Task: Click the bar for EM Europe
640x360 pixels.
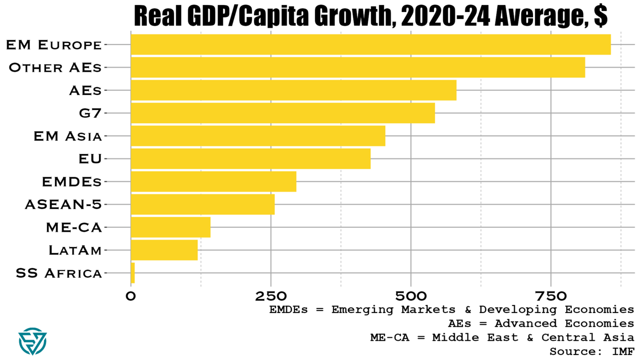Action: tap(371, 45)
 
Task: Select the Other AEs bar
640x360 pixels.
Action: tap(358, 67)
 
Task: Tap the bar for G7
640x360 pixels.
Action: tap(282, 113)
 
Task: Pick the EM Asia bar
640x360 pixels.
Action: tap(258, 136)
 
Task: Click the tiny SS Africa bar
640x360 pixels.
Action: tap(133, 273)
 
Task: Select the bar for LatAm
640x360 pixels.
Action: tap(164, 250)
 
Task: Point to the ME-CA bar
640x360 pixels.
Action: tap(170, 227)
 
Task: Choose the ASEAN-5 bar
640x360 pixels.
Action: tap(203, 205)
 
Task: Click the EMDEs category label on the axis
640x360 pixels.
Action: tap(72, 182)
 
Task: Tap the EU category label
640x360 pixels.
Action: tap(90, 159)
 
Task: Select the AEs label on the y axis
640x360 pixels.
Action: tap(85, 91)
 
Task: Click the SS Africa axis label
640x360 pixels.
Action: tap(58, 273)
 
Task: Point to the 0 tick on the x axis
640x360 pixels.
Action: tap(131, 296)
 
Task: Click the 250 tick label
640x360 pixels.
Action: tap(271, 296)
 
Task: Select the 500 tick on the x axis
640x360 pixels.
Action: tap(411, 296)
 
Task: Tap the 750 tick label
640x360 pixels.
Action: tap(551, 296)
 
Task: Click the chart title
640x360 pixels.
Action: tap(371, 16)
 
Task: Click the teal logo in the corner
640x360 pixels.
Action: tap(32, 341)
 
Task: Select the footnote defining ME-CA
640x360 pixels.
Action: tap(502, 338)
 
